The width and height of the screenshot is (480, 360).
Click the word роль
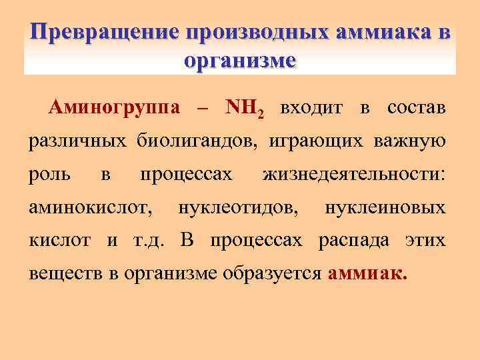pos(48,175)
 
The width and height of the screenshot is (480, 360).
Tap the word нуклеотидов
pos(239,208)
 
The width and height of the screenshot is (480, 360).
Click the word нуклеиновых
pos(385,208)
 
